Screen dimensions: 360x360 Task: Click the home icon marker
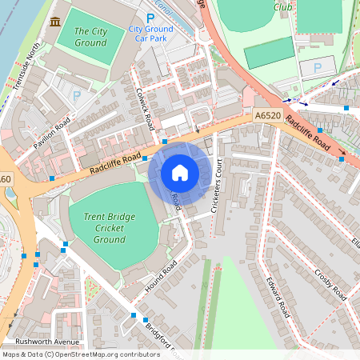click(180, 172)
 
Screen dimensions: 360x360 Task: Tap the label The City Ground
click(90, 37)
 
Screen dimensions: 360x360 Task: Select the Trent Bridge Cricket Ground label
click(109, 227)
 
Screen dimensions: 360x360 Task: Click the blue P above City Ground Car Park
click(150, 18)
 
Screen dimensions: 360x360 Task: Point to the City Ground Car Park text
click(150, 33)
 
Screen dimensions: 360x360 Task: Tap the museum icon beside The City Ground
click(54, 21)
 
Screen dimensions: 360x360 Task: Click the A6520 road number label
click(269, 116)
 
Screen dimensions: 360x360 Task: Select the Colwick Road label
click(145, 108)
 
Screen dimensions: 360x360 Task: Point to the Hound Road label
click(161, 274)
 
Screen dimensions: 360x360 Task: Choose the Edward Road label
click(278, 296)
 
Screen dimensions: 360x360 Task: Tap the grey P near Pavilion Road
click(77, 95)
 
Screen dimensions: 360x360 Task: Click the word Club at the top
click(282, 6)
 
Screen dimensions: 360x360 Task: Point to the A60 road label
click(6, 178)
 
